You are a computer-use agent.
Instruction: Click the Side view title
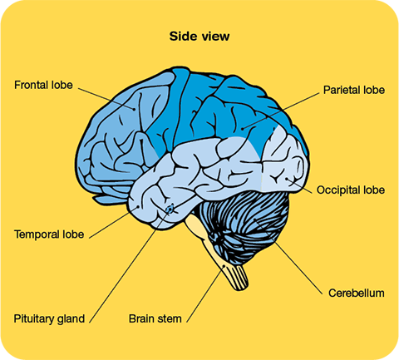[x=199, y=37]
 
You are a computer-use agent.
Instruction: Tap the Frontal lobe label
[x=43, y=85]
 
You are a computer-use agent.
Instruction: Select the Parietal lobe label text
[x=354, y=90]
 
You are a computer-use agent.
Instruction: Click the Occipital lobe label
[x=351, y=190]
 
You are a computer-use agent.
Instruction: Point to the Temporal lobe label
[x=49, y=234]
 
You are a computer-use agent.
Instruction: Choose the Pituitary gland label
[x=49, y=318]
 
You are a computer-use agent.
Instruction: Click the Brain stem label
[x=155, y=318]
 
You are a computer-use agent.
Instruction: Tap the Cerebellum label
[x=357, y=293]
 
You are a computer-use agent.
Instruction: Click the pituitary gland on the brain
[x=170, y=210]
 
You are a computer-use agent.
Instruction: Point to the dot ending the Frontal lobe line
[x=135, y=109]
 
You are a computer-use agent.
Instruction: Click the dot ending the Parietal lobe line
[x=242, y=129]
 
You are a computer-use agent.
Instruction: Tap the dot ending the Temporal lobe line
[x=138, y=206]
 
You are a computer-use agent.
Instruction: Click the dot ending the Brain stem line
[x=224, y=266]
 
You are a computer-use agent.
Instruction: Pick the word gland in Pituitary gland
[x=71, y=319]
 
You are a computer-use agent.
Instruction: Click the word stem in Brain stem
[x=170, y=319]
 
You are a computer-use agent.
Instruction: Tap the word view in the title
[x=216, y=37]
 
